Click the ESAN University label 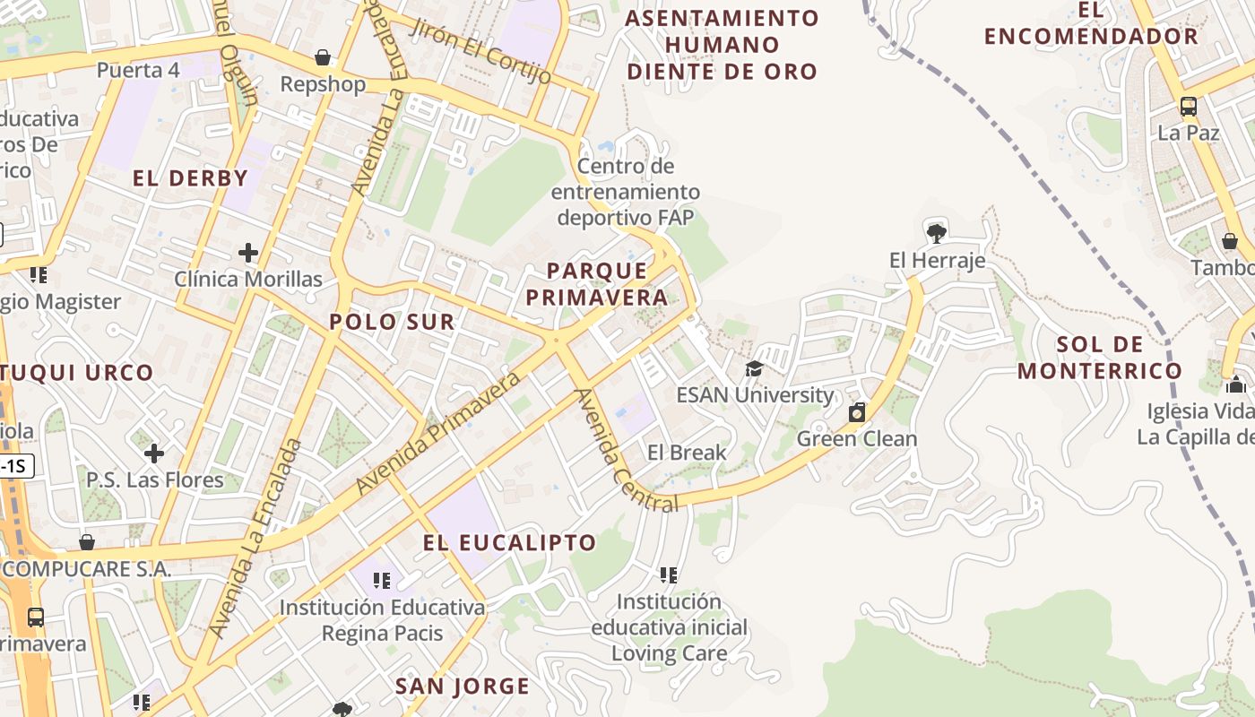click(755, 394)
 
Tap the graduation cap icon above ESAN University click(755, 368)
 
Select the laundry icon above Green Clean click(857, 412)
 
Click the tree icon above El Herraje click(937, 234)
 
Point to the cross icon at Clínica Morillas click(248, 253)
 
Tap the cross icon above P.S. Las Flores click(154, 454)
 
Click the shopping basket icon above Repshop click(323, 58)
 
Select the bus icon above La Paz click(1189, 107)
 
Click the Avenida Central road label click(625, 451)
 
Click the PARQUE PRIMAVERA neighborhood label click(597, 283)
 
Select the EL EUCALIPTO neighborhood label click(509, 542)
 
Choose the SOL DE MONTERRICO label click(1100, 358)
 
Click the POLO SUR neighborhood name click(392, 322)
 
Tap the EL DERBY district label click(190, 177)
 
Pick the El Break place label click(687, 453)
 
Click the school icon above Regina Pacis click(382, 581)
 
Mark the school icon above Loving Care click(669, 574)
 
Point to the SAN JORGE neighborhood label click(463, 687)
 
